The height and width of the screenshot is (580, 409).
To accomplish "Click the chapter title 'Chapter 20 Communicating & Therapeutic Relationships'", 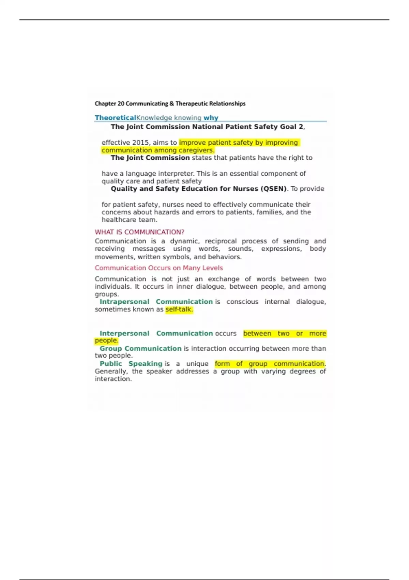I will click(170, 103).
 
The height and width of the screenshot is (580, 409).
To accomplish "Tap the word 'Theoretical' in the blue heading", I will click(115, 118).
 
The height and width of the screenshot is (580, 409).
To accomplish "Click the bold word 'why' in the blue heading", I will click(211, 118).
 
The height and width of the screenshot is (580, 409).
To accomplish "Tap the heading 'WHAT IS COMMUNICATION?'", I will click(139, 232).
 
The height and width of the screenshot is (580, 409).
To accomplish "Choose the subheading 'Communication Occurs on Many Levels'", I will click(158, 268).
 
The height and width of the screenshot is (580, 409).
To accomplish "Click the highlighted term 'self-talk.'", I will click(179, 309).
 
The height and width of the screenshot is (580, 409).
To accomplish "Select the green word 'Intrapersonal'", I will click(124, 302).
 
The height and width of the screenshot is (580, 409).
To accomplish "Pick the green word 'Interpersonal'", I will click(124, 333).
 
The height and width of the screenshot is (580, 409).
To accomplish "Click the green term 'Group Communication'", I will click(140, 348).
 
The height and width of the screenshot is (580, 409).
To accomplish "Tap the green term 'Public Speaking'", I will click(131, 364).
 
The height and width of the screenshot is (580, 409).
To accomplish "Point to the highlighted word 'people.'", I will click(106, 340).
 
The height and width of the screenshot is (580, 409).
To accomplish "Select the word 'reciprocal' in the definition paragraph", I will click(221, 241).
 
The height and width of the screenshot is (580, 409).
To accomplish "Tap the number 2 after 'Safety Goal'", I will click(301, 127).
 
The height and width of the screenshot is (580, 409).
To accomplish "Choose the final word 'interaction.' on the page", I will click(113, 379).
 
